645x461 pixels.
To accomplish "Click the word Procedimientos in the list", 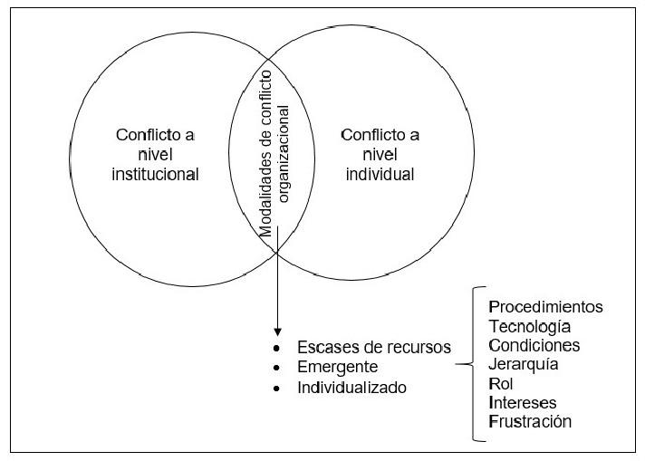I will (545, 307).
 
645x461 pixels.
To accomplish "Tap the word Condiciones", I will (534, 345).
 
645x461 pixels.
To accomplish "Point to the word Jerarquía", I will (523, 364).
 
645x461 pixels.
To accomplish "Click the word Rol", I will (500, 383).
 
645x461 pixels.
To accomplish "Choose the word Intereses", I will (523, 402).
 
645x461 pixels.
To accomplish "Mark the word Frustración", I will (530, 421).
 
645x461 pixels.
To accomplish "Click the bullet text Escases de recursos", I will (373, 349).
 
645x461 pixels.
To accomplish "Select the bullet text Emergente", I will (337, 368).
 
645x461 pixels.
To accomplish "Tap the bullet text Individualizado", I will (351, 388).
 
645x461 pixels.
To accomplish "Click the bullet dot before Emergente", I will (277, 369).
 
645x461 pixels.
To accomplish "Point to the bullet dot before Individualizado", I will (277, 389).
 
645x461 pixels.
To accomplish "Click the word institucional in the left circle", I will (156, 173).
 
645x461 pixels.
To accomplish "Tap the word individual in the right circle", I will (380, 173).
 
